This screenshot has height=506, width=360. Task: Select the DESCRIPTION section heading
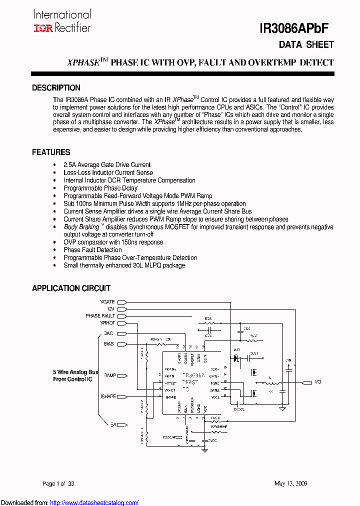[x=56, y=87]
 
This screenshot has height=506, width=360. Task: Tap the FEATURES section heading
[x=51, y=152]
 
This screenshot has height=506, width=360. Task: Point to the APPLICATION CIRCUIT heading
[x=71, y=288]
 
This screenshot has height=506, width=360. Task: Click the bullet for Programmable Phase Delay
[x=54, y=188]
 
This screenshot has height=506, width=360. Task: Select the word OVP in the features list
[x=70, y=242]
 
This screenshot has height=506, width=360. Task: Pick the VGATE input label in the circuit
[x=107, y=302]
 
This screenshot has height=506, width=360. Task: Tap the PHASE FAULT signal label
[x=100, y=316]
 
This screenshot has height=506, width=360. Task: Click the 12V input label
[x=110, y=309]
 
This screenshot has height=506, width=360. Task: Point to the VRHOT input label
[x=107, y=323]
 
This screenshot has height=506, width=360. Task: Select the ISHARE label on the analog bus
[x=108, y=396]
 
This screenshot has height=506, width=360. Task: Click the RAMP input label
[x=109, y=375]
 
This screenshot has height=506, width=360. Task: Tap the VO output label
[x=318, y=382]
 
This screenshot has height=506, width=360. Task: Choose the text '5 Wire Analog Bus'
[x=75, y=372]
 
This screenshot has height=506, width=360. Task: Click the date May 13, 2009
[x=290, y=483]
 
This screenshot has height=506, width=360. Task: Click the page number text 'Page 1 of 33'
[x=58, y=483]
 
